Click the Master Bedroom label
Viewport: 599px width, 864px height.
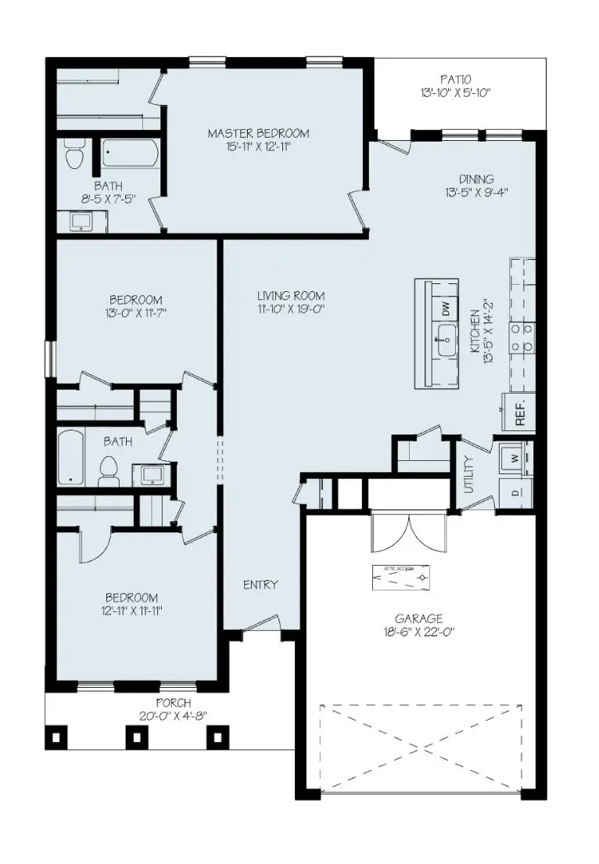pyautogui.click(x=258, y=133)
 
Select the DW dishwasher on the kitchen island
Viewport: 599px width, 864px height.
pyautogui.click(x=446, y=308)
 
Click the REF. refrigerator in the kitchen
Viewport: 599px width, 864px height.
pyautogui.click(x=519, y=412)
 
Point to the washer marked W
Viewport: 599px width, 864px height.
pyautogui.click(x=515, y=456)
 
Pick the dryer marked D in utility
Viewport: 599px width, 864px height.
pyautogui.click(x=515, y=491)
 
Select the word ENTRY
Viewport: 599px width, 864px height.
pyautogui.click(x=260, y=585)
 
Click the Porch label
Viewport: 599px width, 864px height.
pyautogui.click(x=173, y=703)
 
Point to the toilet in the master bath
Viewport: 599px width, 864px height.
pyautogui.click(x=74, y=154)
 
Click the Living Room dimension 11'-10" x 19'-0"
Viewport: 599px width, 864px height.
pyautogui.click(x=291, y=309)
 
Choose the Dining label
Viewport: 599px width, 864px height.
pyautogui.click(x=476, y=178)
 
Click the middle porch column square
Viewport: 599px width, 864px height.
pyautogui.click(x=137, y=736)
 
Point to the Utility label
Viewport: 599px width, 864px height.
pyautogui.click(x=469, y=474)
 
